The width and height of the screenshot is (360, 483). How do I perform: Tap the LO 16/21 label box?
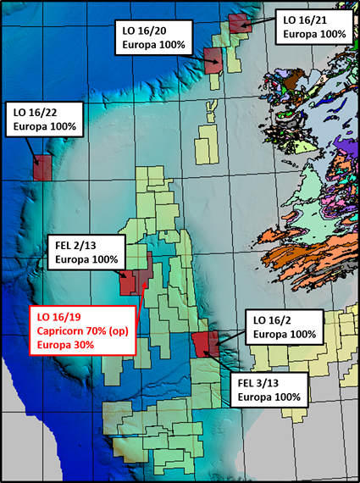(x=313, y=25)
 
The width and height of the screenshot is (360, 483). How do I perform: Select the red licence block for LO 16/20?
(x=213, y=59)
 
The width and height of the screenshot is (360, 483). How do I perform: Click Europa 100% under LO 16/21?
(x=313, y=33)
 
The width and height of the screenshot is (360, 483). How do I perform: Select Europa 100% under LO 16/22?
(x=43, y=126)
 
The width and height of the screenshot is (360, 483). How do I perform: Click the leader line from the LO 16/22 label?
(x=35, y=147)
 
